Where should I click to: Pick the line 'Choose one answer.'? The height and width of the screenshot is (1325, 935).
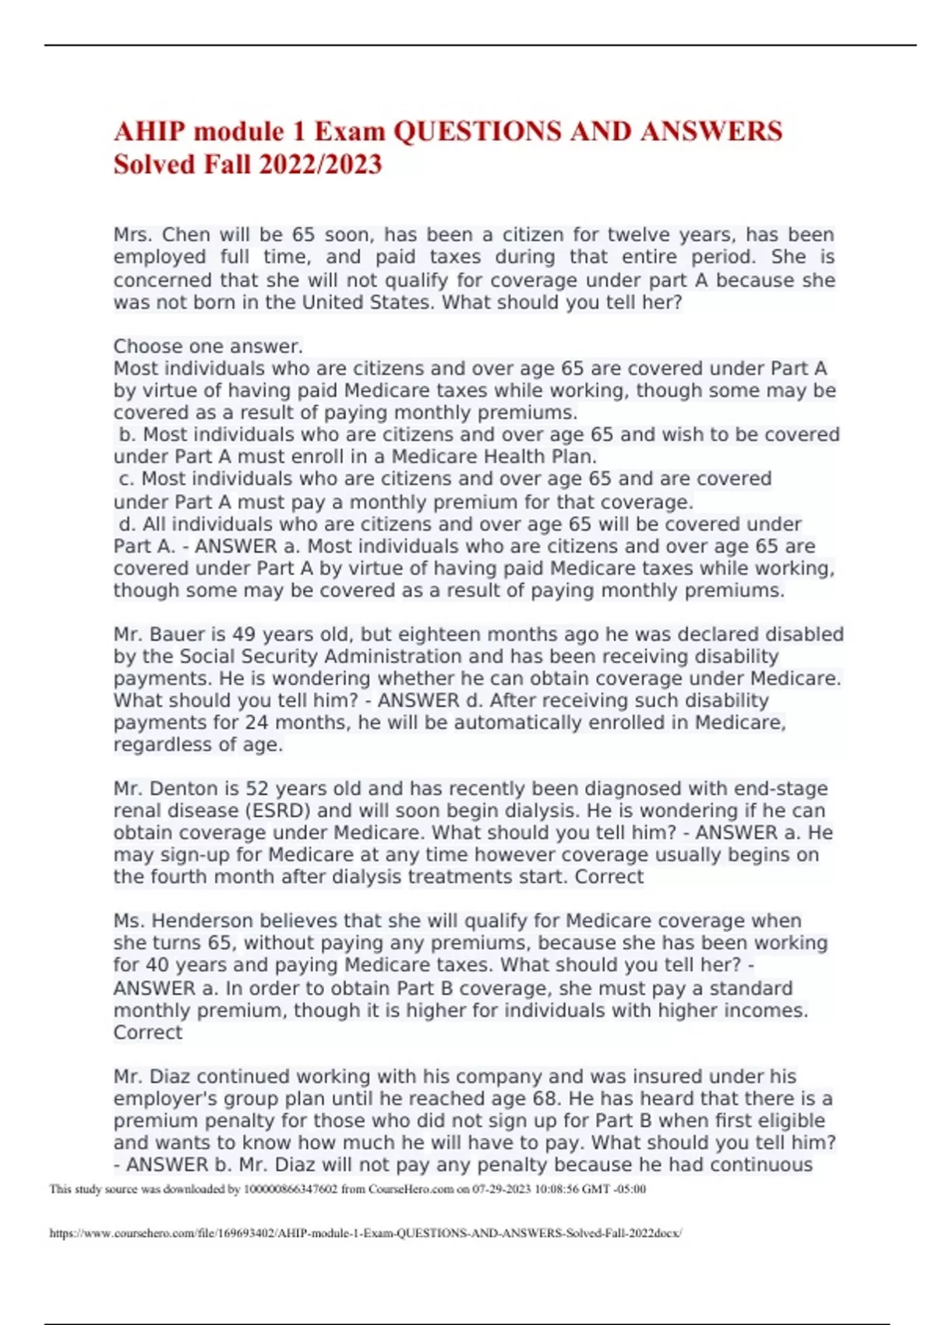pyautogui.click(x=208, y=346)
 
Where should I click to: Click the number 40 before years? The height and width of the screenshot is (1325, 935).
pyautogui.click(x=157, y=964)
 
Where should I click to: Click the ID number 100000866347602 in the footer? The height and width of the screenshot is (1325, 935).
pyautogui.click(x=291, y=1189)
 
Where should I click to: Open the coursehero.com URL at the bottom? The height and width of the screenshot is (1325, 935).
pyautogui.click(x=365, y=1234)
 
